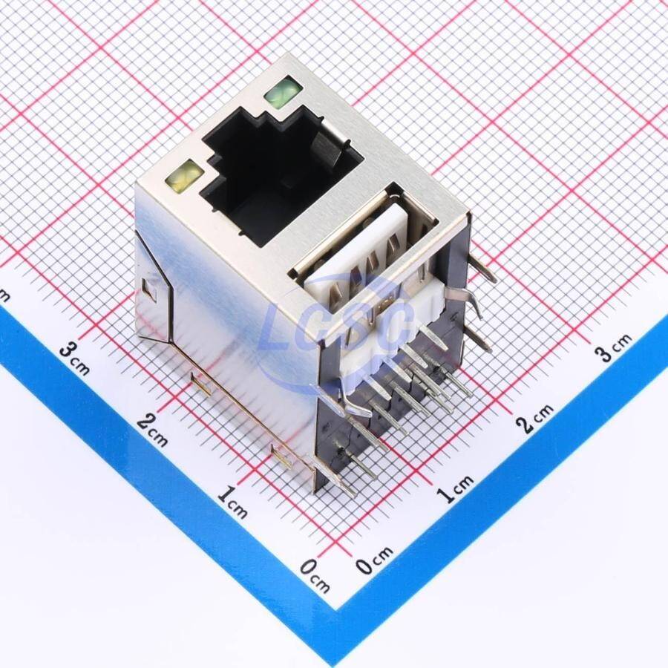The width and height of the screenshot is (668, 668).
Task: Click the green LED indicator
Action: click(284, 91)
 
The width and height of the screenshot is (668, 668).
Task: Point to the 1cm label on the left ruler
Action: click(232, 502)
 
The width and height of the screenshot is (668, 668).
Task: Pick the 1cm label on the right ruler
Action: click(455, 488)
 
